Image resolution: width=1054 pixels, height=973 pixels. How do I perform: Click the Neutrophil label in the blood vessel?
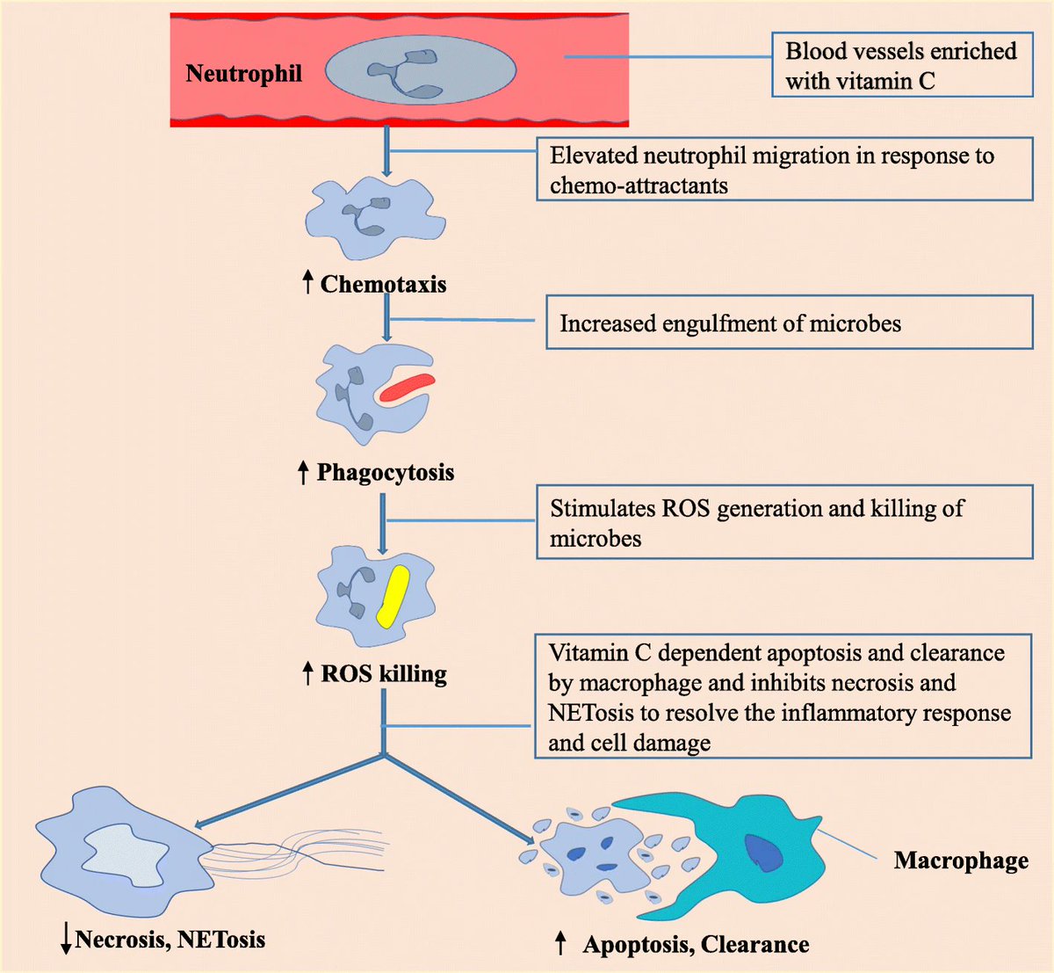point(243,74)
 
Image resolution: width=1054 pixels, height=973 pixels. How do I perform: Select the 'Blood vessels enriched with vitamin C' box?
point(902,65)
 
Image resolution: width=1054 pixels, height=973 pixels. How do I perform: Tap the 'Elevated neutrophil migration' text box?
point(783,170)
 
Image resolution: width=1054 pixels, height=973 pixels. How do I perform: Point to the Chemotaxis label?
point(383,284)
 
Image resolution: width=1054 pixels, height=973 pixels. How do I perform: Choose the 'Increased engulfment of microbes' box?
point(789,323)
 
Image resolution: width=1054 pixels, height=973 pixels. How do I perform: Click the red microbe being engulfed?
point(407,388)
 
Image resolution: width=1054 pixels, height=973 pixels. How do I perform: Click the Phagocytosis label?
point(386,472)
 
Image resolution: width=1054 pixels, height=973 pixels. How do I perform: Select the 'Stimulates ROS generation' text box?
point(783,523)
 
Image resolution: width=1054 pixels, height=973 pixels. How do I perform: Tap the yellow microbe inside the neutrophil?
point(393,596)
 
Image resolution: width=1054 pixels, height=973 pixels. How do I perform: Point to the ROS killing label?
point(384,674)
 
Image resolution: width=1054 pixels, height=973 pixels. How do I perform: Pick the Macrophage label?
point(961,860)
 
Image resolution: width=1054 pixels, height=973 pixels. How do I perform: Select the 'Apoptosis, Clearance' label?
point(696,945)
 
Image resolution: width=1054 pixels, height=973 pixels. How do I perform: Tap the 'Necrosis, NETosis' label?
point(170,940)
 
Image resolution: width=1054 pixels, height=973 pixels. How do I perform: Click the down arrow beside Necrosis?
point(66,940)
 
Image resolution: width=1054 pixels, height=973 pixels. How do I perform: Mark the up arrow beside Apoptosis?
point(560,944)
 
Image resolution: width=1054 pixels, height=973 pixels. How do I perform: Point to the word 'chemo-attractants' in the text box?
point(639,185)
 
